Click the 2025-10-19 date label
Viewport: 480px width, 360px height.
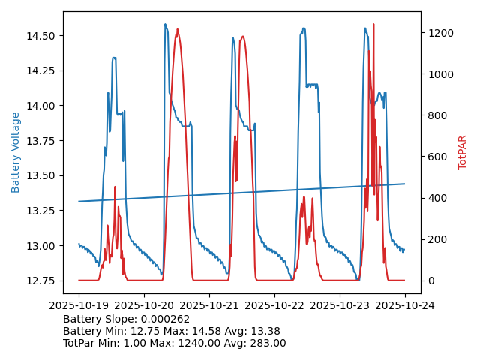pyautogui.click(x=79, y=305)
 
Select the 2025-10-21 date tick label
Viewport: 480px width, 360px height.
pyautogui.click(x=209, y=305)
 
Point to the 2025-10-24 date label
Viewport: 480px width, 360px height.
pyautogui.click(x=405, y=305)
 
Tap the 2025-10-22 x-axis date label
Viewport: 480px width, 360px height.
pyautogui.click(x=274, y=305)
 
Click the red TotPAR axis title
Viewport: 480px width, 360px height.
pyautogui.click(x=462, y=152)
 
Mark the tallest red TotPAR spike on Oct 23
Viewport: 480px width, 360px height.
pyautogui.click(x=373, y=25)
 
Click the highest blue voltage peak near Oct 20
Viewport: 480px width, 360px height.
pyautogui.click(x=165, y=25)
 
